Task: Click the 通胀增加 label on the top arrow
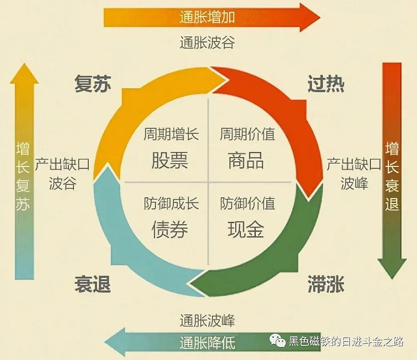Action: [207, 17]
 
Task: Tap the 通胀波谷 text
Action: [207, 43]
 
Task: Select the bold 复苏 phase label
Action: [93, 83]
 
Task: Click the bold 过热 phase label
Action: [326, 83]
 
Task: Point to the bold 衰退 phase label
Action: [93, 284]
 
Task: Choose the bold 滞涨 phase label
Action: [326, 284]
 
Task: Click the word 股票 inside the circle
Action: [170, 160]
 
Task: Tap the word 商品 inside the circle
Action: [246, 160]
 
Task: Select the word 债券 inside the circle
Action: [170, 229]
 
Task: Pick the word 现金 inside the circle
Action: [246, 229]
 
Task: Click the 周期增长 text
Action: [171, 134]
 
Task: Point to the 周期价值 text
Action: [247, 134]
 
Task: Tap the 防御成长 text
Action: [171, 203]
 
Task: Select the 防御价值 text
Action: [247, 203]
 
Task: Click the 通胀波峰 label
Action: [207, 320]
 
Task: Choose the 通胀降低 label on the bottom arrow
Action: [207, 343]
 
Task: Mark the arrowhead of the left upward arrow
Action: [24, 74]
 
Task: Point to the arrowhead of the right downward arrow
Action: [392, 268]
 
